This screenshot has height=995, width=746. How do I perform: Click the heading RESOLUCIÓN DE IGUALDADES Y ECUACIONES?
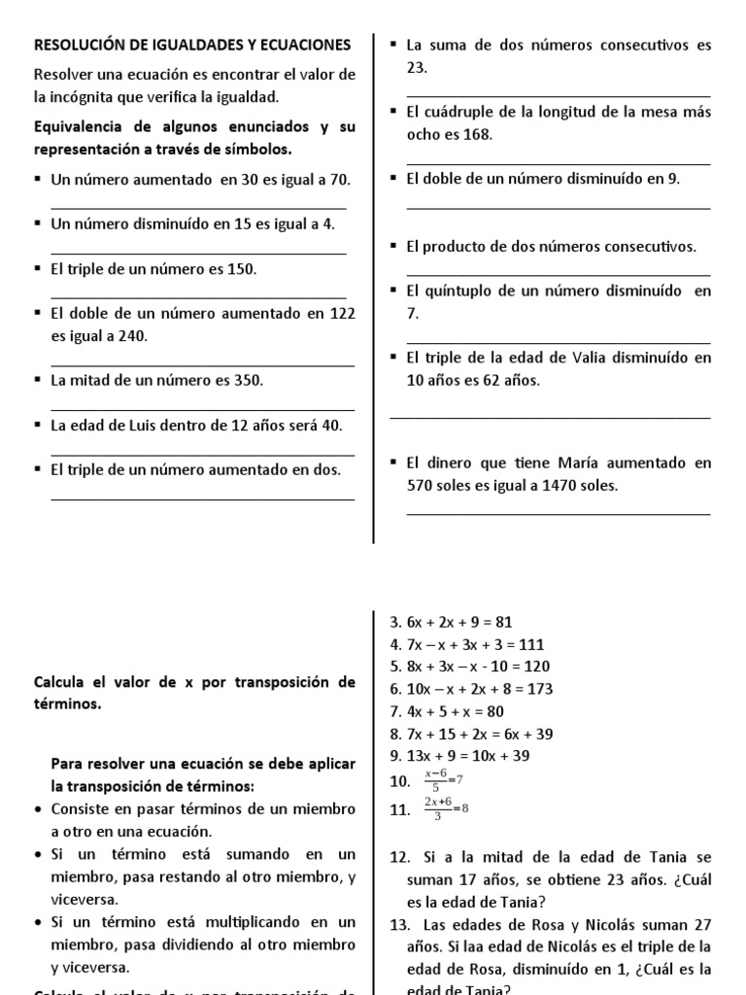[x=192, y=45]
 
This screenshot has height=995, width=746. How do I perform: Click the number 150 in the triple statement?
[x=241, y=269]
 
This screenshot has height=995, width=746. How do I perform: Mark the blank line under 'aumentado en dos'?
[x=202, y=499]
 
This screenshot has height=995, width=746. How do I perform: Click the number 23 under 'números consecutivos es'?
[x=417, y=67]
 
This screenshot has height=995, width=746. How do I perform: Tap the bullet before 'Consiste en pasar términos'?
[x=38, y=809]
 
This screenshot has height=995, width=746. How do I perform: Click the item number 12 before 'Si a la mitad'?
[x=398, y=857]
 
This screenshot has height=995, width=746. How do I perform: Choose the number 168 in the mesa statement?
[x=478, y=134]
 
